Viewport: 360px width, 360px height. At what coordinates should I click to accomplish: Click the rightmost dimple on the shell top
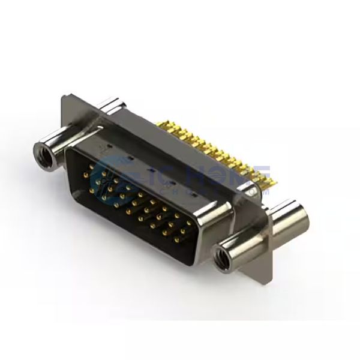193,195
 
